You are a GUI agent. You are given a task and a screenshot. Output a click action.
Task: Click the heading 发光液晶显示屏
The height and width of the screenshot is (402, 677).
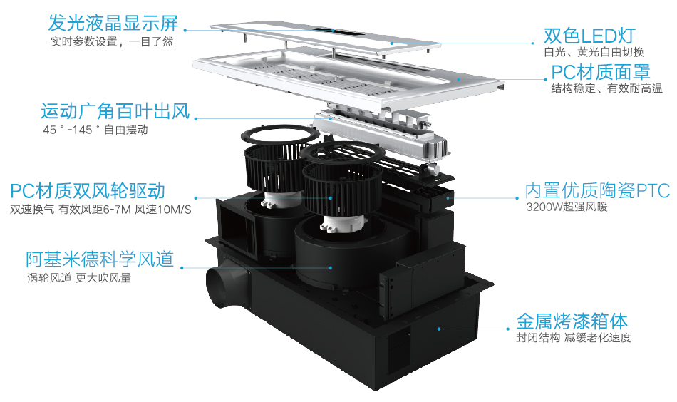pos(112,22)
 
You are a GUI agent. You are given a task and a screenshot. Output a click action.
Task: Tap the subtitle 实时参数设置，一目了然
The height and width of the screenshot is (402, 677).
pos(112,41)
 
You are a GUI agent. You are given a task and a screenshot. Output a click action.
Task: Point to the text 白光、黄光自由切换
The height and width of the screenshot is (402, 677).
pos(594,53)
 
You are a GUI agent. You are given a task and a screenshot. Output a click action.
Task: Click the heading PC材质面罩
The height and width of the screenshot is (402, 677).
pos(601,72)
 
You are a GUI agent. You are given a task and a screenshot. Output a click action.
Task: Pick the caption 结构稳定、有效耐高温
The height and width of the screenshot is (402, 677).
pos(606,88)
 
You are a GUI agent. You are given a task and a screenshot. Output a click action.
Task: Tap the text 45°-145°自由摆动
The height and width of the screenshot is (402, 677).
pos(95,130)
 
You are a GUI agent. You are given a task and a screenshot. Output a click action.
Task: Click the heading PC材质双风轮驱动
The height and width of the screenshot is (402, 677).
pos(88,191)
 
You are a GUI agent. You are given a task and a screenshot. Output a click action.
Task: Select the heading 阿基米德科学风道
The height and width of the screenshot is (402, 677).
pos(100,259)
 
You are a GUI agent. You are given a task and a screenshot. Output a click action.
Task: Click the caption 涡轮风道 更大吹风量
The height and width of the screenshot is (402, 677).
pos(78,278)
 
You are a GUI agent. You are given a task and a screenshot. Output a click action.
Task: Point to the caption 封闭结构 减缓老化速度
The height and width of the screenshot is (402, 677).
pos(574,338)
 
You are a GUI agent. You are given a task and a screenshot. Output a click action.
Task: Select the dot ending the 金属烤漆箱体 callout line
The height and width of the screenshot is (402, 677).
pos(440,329)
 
